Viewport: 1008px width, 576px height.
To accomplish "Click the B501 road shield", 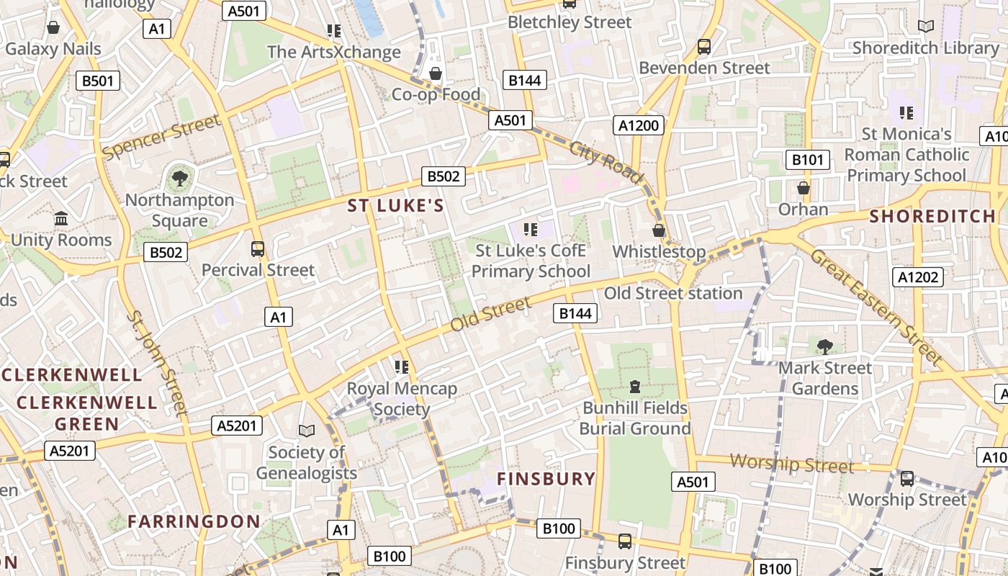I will [x=98, y=81].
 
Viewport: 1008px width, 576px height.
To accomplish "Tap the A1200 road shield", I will [x=639, y=125].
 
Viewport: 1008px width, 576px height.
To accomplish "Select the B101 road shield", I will [x=807, y=160].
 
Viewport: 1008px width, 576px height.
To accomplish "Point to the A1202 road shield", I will [x=919, y=276].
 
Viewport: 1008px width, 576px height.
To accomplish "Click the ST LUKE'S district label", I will [x=396, y=206].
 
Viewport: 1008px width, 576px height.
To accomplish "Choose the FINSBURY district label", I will [x=546, y=479].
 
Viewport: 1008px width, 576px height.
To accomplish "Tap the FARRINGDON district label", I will [x=194, y=521].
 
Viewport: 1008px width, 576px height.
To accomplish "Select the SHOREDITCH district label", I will [x=932, y=216].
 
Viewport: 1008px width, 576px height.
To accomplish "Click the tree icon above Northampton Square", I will [x=180, y=178].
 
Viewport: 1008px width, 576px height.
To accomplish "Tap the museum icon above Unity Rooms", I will [x=61, y=217].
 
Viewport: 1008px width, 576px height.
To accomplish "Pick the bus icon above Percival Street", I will [x=258, y=249].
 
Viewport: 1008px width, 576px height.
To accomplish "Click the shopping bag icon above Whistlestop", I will [x=658, y=230].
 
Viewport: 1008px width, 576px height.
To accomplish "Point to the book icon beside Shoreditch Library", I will [x=926, y=27].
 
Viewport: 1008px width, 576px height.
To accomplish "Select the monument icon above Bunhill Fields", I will [x=634, y=387].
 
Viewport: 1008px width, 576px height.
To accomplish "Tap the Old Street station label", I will [x=672, y=293].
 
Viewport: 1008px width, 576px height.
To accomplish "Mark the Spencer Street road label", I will [x=161, y=137].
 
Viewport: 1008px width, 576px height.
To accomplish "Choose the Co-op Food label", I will [x=436, y=94].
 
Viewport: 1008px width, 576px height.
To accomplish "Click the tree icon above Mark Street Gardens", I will [x=825, y=346].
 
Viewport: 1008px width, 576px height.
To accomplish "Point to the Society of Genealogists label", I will [x=307, y=462].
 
